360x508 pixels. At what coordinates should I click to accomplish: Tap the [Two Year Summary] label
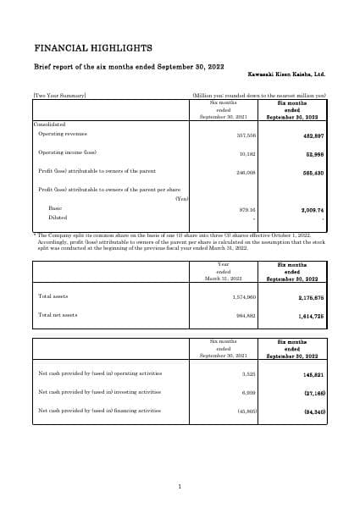click(59, 96)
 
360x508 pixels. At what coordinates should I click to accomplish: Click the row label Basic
click(55, 208)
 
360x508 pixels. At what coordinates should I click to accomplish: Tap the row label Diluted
click(58, 218)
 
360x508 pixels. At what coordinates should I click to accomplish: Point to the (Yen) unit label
click(180, 199)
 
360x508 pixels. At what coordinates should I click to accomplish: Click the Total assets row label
click(53, 296)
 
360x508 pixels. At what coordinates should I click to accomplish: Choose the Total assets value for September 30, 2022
click(312, 297)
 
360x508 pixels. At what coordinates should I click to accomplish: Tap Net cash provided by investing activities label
click(100, 392)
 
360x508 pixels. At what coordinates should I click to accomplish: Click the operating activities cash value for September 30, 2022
click(313, 373)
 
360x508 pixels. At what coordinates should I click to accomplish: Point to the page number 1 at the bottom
click(180, 486)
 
